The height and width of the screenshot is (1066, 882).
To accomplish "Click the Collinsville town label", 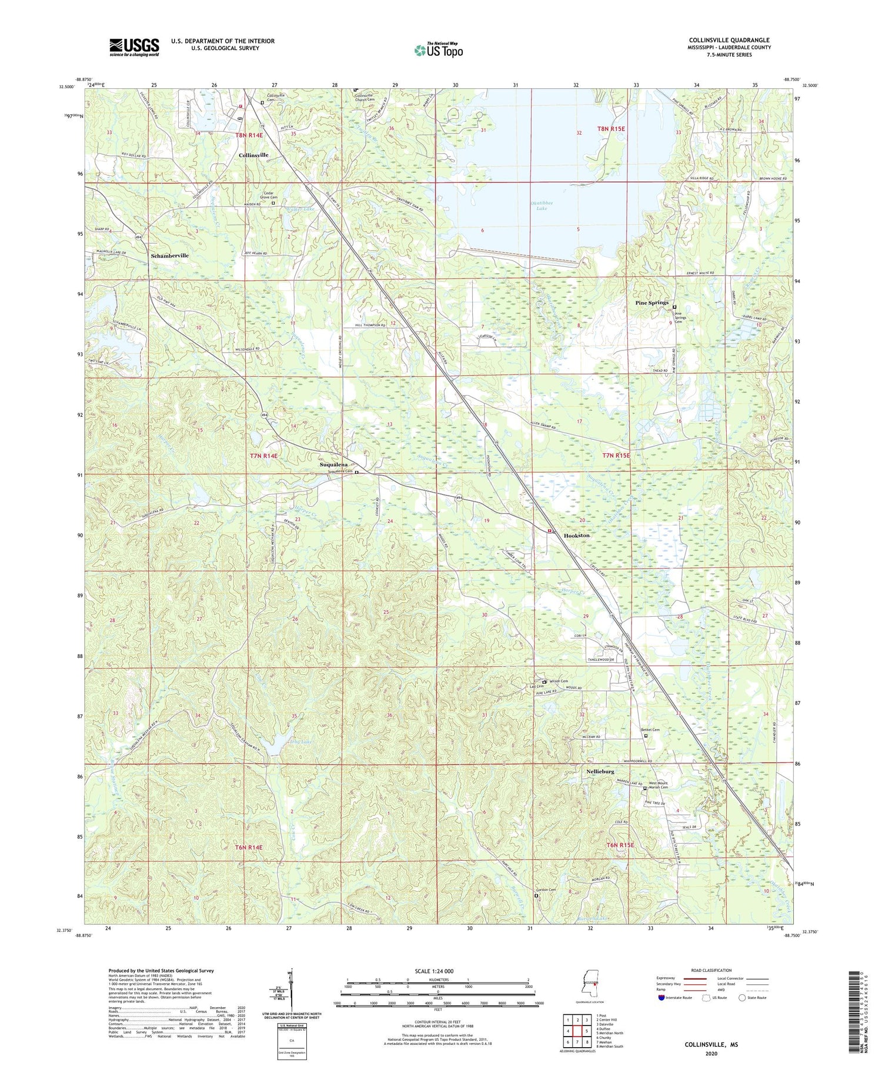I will pos(253,155).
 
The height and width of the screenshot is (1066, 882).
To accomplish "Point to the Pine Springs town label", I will pos(652,303).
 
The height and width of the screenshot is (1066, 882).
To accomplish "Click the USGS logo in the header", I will pos(134,47).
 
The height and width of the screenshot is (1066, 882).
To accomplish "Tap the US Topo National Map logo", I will pos(439,50).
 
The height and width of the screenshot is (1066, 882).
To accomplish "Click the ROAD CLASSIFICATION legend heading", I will pos(711,970).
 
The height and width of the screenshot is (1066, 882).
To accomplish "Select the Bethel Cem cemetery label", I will pos(650,730).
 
